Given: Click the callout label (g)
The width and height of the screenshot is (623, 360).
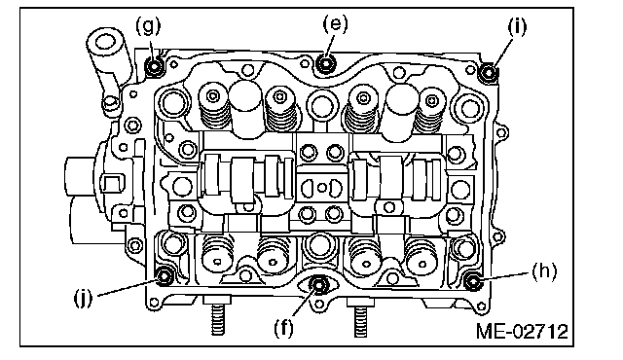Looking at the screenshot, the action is tap(148, 25).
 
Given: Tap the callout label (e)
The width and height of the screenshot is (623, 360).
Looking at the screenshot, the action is tap(335, 23).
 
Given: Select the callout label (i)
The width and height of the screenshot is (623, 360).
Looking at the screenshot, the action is tap(517, 27).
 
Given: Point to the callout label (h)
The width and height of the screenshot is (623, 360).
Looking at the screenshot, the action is tap(544, 271).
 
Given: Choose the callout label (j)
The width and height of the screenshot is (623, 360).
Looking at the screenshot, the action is tap(83, 298).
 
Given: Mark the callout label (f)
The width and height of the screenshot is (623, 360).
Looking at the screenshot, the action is tap(283, 328).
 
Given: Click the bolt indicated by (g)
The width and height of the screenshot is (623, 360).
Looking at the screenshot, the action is tap(154, 66).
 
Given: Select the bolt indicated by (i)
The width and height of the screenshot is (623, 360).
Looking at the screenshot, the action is tap(489, 73).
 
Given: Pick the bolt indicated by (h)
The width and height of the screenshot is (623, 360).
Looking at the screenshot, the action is tap(472, 281).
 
